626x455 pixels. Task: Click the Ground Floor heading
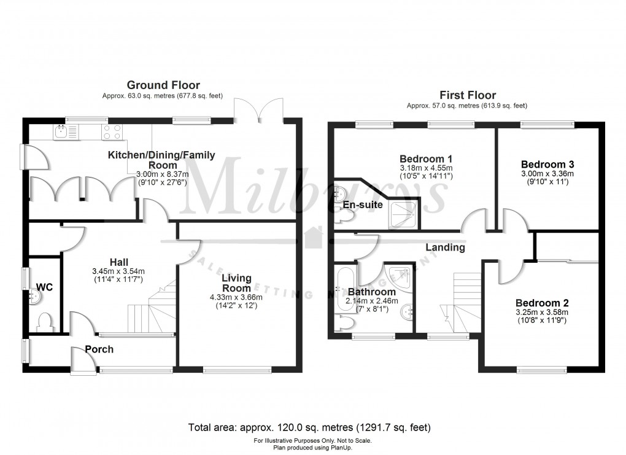tap(163, 85)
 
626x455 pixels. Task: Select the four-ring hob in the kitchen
tap(110, 132)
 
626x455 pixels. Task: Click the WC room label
tap(44, 287)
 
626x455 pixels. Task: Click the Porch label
tap(99, 349)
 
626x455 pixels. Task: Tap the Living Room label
tap(236, 283)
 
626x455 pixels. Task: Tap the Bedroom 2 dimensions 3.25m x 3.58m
tap(542, 311)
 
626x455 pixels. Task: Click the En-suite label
tap(363, 204)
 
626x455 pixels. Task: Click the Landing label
tap(446, 248)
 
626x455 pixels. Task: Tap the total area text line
tap(312, 427)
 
